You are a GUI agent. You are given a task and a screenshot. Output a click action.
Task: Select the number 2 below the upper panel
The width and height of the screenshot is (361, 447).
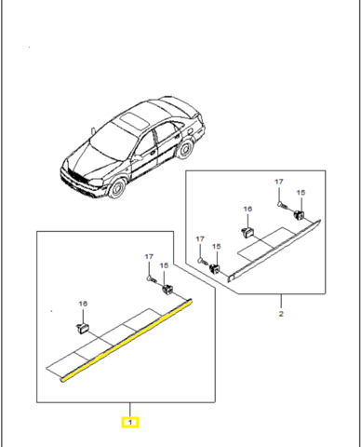pos(281,314)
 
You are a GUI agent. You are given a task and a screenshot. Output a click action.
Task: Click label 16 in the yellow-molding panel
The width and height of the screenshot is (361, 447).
pos(81,305)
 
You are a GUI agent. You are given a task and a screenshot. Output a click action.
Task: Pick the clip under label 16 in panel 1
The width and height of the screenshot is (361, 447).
pos(81,328)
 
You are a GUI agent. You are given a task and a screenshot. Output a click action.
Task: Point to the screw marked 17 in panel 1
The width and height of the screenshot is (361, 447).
pos(149,277)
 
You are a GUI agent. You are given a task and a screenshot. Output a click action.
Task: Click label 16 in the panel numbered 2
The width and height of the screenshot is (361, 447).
pos(247,211)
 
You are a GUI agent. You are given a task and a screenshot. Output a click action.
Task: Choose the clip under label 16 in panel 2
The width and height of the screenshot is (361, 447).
pos(247,231)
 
